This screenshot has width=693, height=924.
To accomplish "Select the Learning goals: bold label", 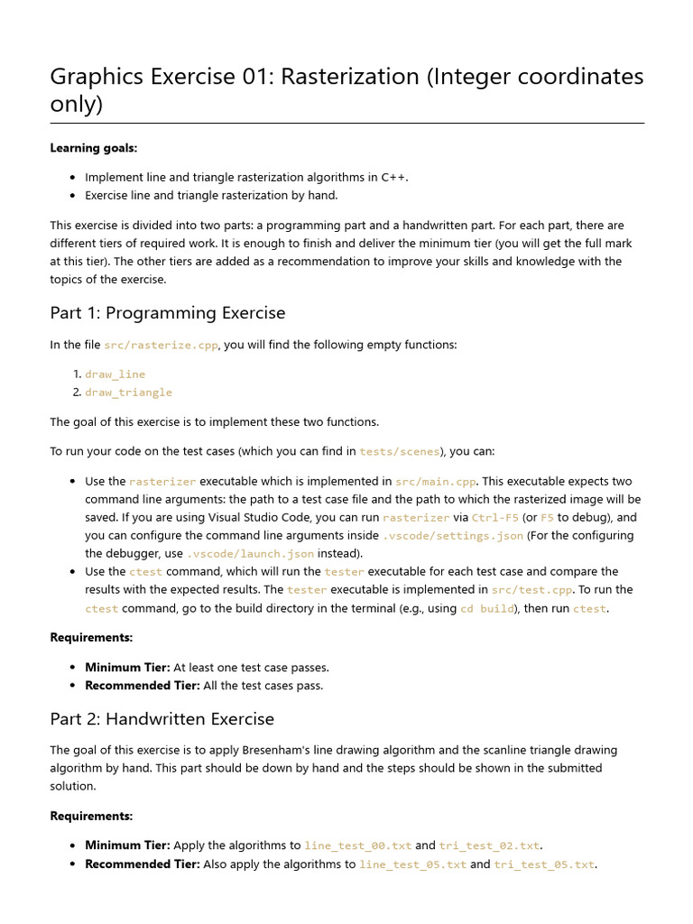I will [94, 147].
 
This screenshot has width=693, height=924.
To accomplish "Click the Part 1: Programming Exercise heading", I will [168, 313].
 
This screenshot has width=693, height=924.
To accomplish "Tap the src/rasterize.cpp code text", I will [161, 345].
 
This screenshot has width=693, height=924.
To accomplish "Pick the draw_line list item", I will [115, 374].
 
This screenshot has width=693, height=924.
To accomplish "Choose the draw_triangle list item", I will [128, 393].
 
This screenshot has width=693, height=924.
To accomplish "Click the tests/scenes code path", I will [400, 451].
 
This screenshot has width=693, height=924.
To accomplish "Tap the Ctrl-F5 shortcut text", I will [494, 517].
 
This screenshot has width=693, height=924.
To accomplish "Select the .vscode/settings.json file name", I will [453, 535].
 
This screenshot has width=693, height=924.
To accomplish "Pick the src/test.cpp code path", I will [531, 589].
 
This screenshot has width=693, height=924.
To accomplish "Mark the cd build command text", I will [486, 608].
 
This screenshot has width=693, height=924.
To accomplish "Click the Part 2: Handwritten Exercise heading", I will [162, 719].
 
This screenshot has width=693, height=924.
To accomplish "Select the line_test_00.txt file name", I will [358, 845].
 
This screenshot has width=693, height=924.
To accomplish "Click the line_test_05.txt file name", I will [413, 864].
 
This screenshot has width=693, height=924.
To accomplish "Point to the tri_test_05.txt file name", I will [544, 864].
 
